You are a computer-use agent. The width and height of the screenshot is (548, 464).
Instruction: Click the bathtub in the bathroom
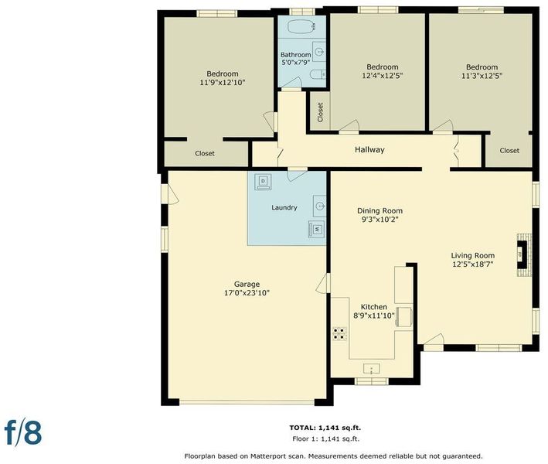[x=302, y=26]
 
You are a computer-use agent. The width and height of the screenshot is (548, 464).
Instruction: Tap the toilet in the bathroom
[x=318, y=74]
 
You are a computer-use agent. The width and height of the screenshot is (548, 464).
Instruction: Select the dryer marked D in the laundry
[x=264, y=181]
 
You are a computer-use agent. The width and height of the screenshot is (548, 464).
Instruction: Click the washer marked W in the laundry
[x=317, y=230]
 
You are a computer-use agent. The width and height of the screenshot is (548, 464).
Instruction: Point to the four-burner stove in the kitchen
[x=340, y=333]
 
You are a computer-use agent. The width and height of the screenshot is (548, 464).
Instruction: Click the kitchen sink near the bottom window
[x=372, y=369]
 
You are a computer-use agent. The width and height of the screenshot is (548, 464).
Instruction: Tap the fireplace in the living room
[x=524, y=255]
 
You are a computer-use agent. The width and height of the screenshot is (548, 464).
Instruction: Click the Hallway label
[x=369, y=150]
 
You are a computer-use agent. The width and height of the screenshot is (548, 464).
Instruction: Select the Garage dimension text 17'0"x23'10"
[x=247, y=292]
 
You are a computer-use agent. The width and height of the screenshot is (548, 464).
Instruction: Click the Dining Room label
[x=380, y=211]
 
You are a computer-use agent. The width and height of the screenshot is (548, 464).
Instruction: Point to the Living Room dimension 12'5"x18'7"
[x=472, y=264]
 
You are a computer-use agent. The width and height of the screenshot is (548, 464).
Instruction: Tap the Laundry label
[x=284, y=207]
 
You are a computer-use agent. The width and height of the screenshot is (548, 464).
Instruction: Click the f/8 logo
[x=23, y=432]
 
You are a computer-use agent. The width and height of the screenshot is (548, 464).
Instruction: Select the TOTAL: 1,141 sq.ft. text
[x=325, y=428]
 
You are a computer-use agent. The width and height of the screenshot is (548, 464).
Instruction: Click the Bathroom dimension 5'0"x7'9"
[x=296, y=63]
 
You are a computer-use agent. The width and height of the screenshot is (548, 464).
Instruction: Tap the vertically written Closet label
[x=320, y=112]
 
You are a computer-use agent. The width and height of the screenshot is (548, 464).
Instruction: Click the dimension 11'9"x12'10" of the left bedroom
[x=223, y=83]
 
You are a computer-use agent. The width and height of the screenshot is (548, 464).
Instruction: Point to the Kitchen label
[x=373, y=307]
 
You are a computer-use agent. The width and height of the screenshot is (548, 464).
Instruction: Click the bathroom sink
[x=319, y=51]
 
